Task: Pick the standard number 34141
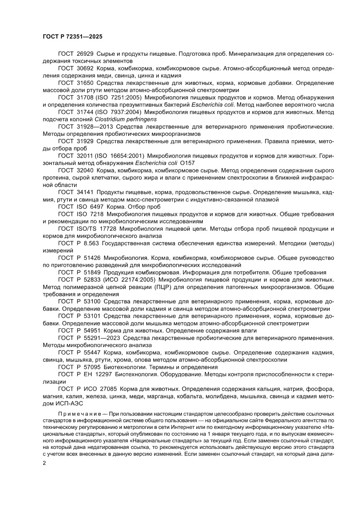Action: pos(84,192)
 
